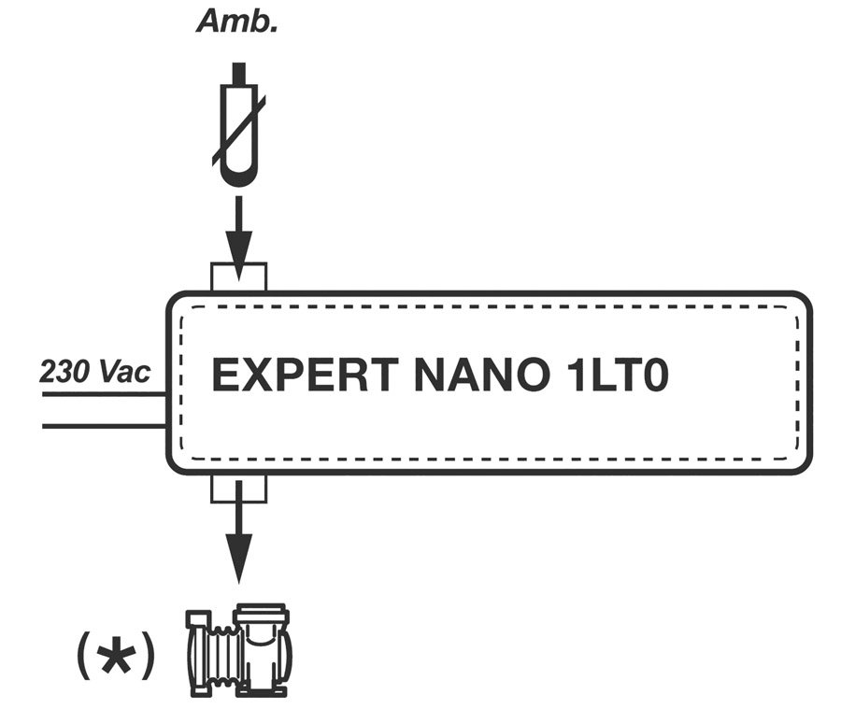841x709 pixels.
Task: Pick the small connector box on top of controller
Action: pyautogui.click(x=239, y=277)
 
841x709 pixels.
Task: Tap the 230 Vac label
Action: pyautogui.click(x=94, y=371)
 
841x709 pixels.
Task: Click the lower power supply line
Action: pyautogui.click(x=103, y=427)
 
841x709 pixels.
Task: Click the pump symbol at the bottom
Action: pyautogui.click(x=240, y=650)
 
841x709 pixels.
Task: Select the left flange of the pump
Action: pyautogui.click(x=196, y=652)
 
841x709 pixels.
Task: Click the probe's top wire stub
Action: pyautogui.click(x=239, y=74)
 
